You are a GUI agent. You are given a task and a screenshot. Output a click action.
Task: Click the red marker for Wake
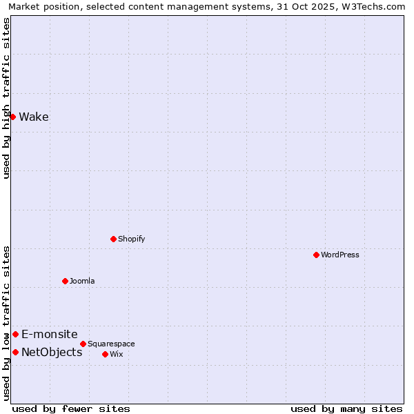pos(12,117)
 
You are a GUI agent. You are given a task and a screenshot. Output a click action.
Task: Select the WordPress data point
pos(316,255)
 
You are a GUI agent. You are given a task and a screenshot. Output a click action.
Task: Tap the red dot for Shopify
pos(113,239)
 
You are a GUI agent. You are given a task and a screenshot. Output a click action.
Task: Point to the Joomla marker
pos(65,281)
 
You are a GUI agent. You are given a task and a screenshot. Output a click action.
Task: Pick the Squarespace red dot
pos(83,344)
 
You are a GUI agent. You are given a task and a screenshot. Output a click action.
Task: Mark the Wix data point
pos(105,354)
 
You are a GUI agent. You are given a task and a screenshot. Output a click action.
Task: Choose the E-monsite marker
pos(15,334)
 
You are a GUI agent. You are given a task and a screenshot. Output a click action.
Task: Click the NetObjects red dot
pos(15,352)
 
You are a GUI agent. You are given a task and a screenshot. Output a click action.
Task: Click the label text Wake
pos(34,117)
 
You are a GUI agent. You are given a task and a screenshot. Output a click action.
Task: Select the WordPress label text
pos(340,255)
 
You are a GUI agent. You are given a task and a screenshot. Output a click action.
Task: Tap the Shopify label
pos(131,239)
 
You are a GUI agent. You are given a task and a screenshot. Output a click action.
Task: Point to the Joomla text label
pos(82,281)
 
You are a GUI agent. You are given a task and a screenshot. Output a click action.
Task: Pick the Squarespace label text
pos(111,344)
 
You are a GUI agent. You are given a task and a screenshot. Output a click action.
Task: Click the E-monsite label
pos(50,334)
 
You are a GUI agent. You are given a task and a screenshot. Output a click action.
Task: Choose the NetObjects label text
pos(52,352)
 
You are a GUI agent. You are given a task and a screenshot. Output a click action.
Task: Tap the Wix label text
pos(116,354)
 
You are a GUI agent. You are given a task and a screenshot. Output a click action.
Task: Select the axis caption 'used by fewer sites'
pos(71,408)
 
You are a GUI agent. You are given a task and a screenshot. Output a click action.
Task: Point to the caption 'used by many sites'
pos(346,408)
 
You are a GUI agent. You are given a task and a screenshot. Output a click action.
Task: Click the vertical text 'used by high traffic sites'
pos(7,99)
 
